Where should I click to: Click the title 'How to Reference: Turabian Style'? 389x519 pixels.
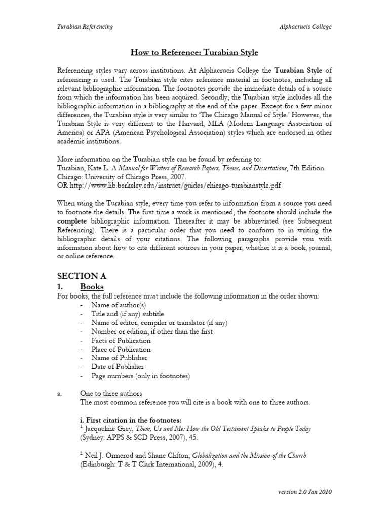click(194, 52)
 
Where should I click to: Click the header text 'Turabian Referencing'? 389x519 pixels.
click(85, 27)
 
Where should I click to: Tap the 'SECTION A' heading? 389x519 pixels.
click(82, 276)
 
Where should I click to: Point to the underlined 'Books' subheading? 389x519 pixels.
click(92, 287)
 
